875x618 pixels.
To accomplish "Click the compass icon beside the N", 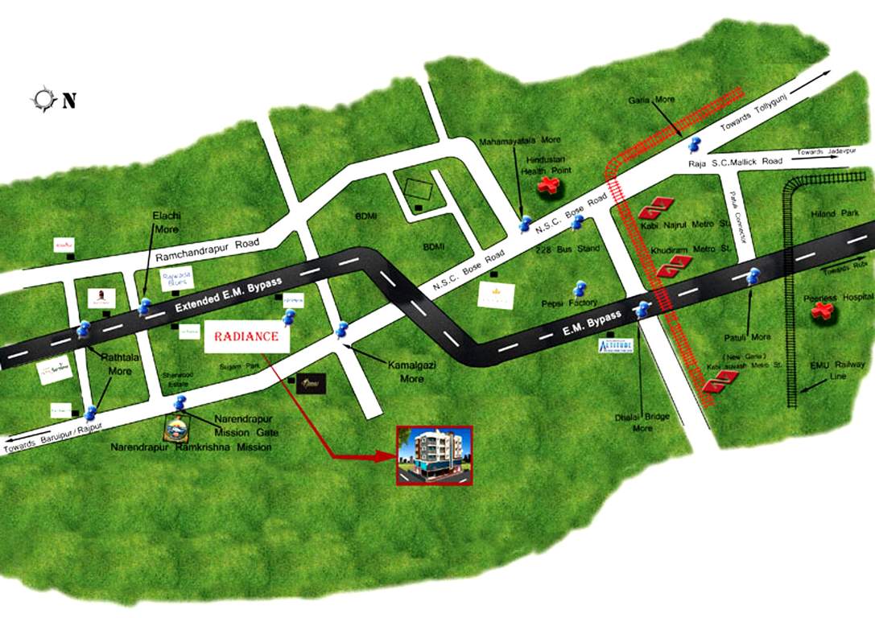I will [x=42, y=100].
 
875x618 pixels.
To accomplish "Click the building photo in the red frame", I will [x=434, y=455].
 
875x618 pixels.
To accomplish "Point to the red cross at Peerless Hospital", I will [x=820, y=310].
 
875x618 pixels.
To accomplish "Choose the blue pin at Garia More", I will [x=694, y=145].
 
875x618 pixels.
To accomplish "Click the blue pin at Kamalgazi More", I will [x=341, y=330].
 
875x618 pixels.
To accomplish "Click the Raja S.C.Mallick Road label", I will [x=735, y=162].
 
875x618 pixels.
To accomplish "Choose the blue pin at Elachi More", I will [x=144, y=306].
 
